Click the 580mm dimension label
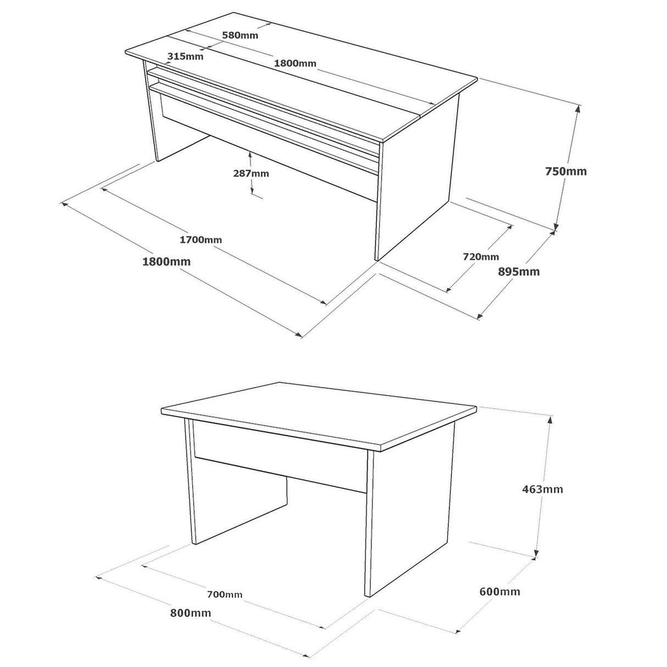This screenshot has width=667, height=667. [x=240, y=36]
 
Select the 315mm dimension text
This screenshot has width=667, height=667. [x=185, y=56]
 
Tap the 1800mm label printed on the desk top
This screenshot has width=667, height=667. [x=295, y=63]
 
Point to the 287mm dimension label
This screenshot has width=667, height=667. [x=251, y=174]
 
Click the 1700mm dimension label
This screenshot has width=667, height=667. [x=201, y=240]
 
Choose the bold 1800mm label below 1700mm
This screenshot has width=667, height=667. [x=166, y=262]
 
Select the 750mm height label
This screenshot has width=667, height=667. [x=566, y=171]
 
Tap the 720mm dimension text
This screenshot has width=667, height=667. [x=481, y=257]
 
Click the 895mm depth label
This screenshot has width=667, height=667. [x=519, y=271]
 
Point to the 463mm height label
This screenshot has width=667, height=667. [x=542, y=489]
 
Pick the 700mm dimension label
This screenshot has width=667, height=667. [x=225, y=594]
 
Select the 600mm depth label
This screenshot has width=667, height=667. [x=499, y=592]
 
